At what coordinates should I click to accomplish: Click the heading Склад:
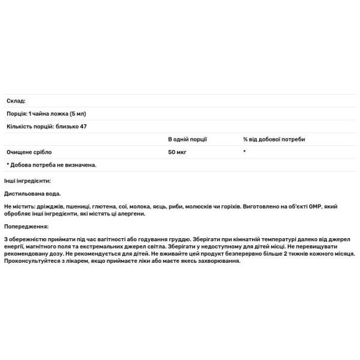(16, 101)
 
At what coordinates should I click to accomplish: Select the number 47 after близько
(92, 127)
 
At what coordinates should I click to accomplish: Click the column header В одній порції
(188, 139)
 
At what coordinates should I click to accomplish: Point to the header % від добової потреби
(274, 139)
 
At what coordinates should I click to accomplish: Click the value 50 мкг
(178, 152)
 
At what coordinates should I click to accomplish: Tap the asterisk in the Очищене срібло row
(245, 152)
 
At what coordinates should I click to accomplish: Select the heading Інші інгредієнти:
(28, 181)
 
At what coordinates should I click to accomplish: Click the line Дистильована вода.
(33, 194)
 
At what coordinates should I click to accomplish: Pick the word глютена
(104, 206)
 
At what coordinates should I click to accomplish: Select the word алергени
(132, 214)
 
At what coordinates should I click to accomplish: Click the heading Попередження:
(26, 227)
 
